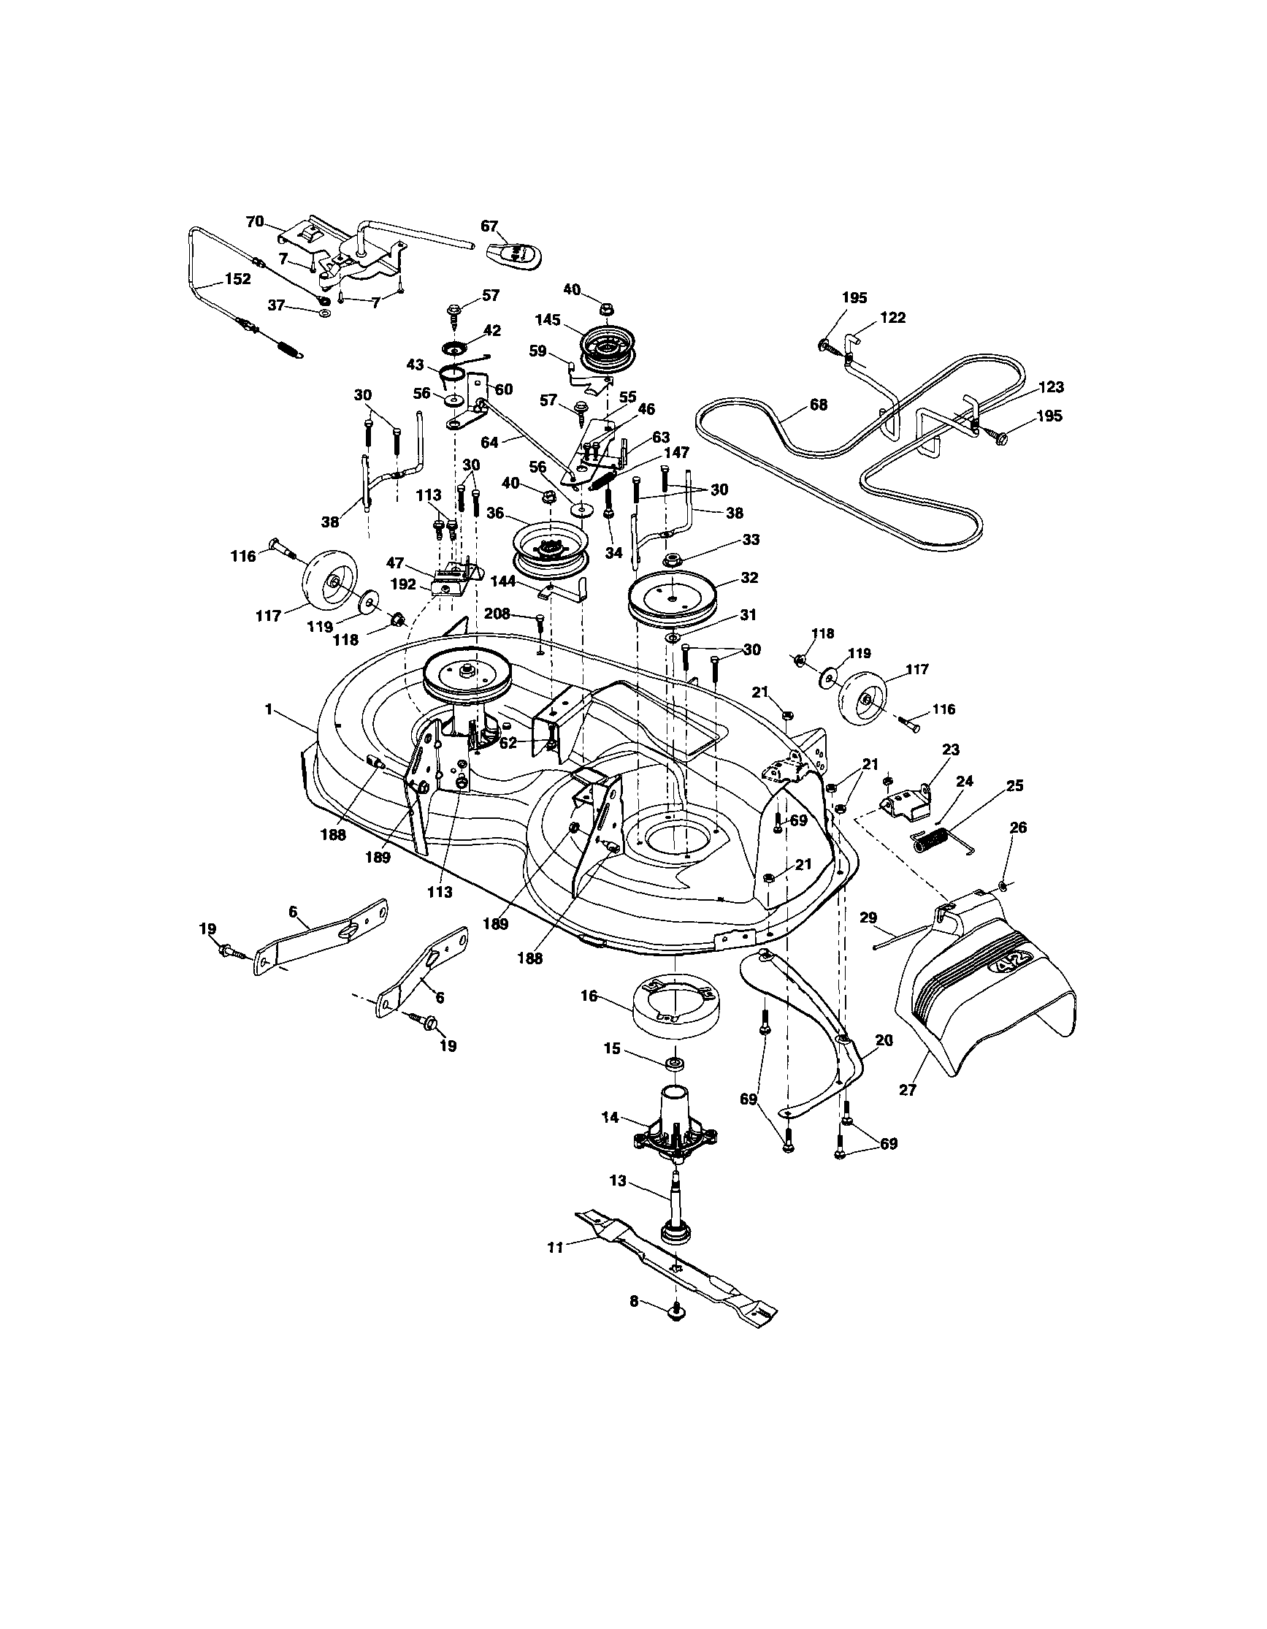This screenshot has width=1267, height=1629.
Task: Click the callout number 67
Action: (489, 226)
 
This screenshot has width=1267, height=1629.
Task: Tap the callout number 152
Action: (237, 280)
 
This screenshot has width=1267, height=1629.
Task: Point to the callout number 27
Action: (907, 1091)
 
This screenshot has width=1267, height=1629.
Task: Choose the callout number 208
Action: (497, 614)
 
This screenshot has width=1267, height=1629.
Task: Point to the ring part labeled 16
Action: (673, 1001)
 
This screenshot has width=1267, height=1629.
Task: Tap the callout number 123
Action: (1050, 387)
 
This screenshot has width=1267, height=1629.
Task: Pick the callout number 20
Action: (884, 1039)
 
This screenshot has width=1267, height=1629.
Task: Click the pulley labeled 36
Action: (551, 552)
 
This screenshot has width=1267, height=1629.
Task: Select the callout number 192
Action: (403, 584)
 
